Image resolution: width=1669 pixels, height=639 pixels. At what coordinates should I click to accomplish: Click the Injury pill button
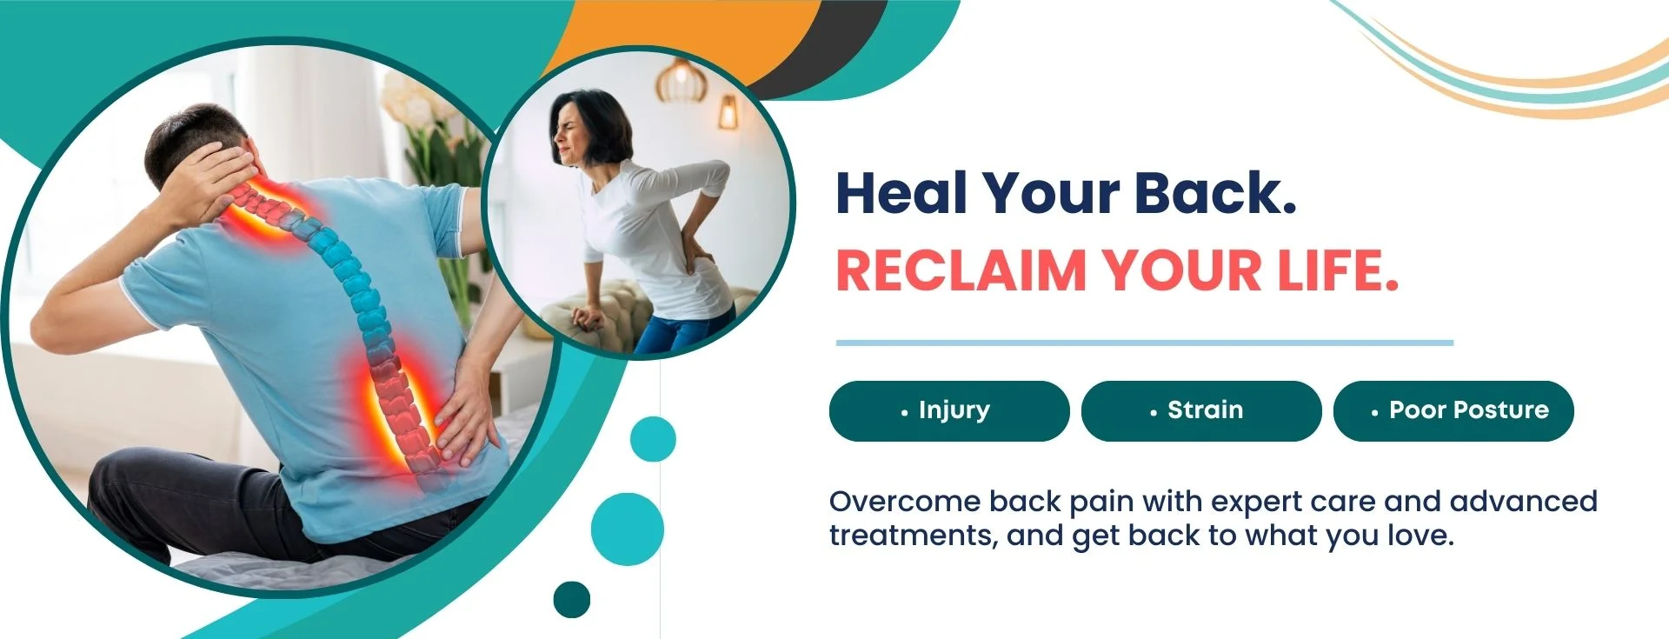click(949, 410)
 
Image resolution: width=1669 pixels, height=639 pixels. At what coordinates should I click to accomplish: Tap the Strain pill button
click(1201, 410)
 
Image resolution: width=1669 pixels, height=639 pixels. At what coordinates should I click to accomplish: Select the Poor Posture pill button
click(1453, 410)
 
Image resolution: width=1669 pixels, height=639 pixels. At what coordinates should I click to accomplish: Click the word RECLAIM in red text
click(961, 270)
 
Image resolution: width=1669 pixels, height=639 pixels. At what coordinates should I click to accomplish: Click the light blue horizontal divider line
click(1145, 343)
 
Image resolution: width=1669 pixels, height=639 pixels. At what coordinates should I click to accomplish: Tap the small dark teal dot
click(572, 599)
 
